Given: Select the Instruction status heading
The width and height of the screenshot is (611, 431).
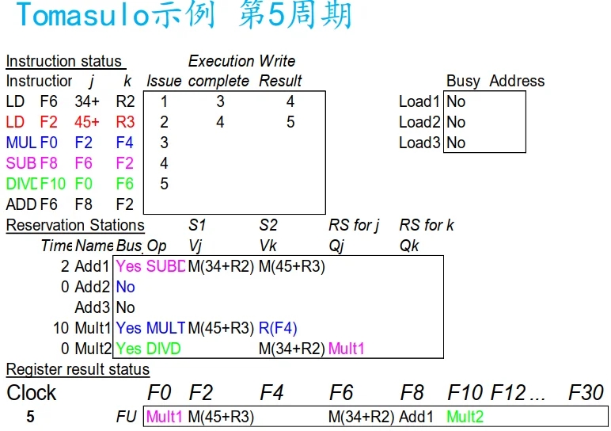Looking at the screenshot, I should [64, 61].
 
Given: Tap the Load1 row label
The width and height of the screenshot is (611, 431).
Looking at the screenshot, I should [419, 101].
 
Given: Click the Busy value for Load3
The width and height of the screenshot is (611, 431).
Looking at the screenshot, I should [456, 143].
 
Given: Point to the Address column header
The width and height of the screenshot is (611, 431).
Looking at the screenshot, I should [517, 81].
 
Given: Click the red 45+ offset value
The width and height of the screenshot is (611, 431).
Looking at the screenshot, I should [87, 122].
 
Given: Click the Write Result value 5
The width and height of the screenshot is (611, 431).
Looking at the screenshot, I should [290, 122].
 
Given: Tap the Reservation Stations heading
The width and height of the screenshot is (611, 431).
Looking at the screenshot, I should [75, 225].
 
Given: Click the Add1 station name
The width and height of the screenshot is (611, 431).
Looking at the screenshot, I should [93, 266].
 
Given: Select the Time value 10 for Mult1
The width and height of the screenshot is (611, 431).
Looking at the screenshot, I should [62, 328].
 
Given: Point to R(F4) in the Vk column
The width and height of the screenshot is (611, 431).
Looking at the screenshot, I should [278, 328].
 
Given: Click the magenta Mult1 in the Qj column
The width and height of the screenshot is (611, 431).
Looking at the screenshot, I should [347, 349].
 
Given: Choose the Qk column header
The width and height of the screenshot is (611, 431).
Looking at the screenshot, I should [409, 246].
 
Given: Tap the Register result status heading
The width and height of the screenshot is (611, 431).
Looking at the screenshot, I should [78, 369].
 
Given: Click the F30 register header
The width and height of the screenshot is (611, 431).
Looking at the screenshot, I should [586, 392].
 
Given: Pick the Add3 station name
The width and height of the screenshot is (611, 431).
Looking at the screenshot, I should [93, 307].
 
